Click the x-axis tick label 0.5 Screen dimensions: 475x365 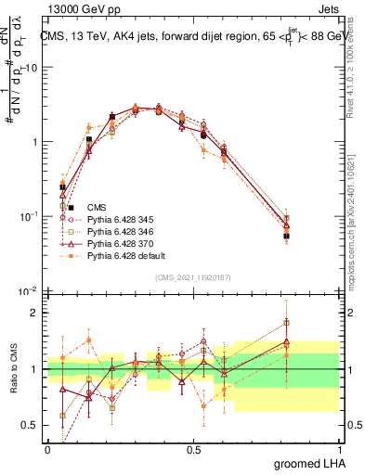(x=193, y=449)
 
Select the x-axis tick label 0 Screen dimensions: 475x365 (x=47, y=449)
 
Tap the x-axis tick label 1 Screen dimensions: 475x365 (x=338, y=449)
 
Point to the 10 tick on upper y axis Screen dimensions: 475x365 (x=32, y=68)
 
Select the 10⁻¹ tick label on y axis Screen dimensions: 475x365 (x=29, y=217)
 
